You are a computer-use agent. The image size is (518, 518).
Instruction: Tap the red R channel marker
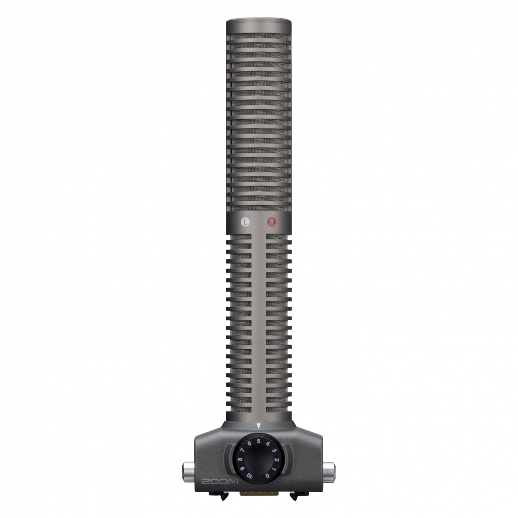point(271,222)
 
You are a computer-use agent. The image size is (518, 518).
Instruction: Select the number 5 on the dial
point(258,441)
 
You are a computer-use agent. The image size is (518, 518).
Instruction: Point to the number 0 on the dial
point(267,476)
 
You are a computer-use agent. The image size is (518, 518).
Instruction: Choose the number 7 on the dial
point(243,450)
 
